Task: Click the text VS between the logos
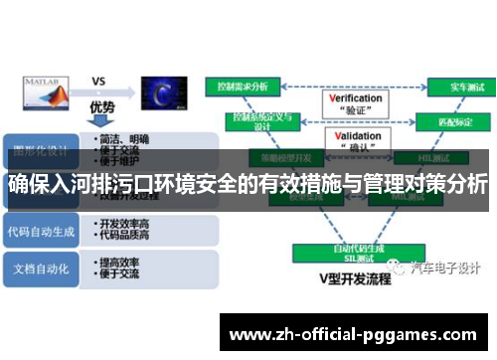click(x=99, y=79)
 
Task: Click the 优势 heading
click(x=102, y=106)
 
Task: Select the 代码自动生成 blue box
click(x=39, y=231)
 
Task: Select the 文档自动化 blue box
click(x=39, y=269)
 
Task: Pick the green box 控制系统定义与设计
click(x=261, y=121)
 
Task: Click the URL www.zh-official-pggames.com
click(x=357, y=333)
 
